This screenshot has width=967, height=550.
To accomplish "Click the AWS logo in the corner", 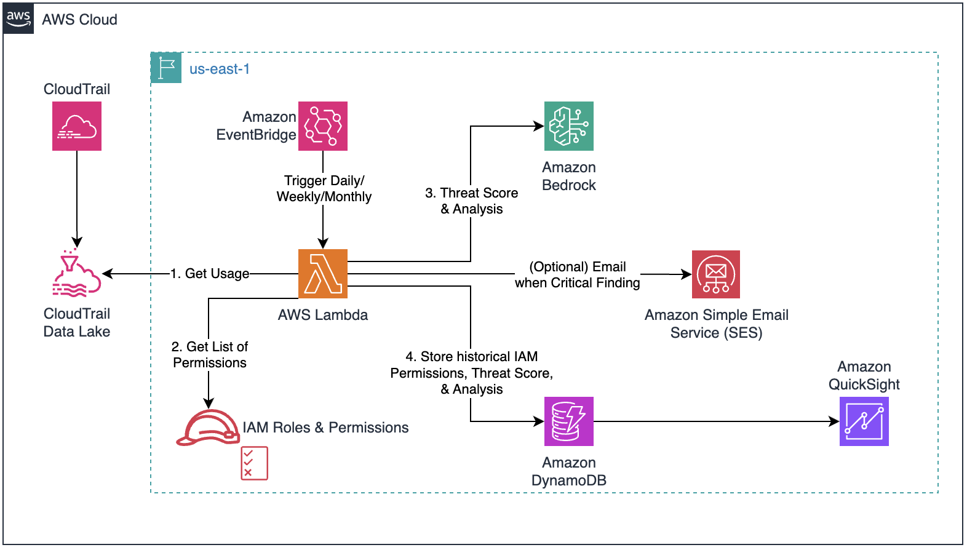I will [18, 18].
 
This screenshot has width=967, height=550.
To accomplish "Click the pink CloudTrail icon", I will [77, 126].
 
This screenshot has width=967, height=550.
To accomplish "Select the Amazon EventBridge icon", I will [323, 126].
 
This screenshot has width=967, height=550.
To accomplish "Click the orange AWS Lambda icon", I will [323, 274].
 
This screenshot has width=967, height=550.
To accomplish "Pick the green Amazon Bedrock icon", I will [569, 126].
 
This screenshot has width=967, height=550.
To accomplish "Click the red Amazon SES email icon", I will [716, 274].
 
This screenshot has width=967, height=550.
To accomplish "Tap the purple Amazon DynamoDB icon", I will [569, 421].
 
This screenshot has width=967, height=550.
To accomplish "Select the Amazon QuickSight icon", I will [864, 421].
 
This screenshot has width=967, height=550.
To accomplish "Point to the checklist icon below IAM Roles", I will [254, 463].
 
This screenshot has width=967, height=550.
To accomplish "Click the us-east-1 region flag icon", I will [166, 68].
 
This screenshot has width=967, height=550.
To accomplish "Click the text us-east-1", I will [220, 69].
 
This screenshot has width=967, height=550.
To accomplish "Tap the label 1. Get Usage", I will [210, 273].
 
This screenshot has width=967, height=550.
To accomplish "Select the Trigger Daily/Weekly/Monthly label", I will [324, 188].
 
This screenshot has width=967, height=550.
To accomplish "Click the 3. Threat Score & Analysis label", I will [472, 201].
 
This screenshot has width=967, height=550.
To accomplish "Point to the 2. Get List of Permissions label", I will [210, 354].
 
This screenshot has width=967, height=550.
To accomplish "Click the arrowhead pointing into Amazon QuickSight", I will [834, 421].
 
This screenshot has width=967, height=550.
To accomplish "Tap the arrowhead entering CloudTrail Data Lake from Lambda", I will [107, 274].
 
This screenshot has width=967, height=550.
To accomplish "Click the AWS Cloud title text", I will [79, 20].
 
